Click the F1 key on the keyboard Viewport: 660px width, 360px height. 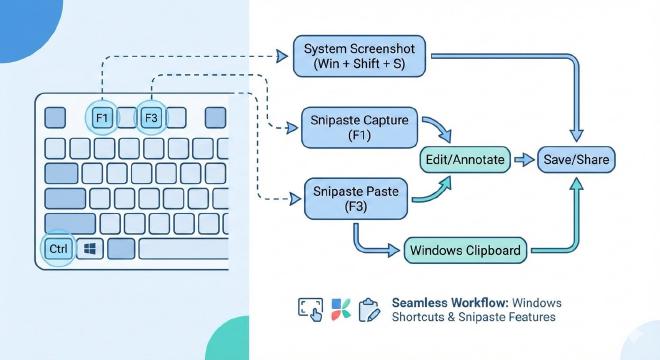pyautogui.click(x=101, y=118)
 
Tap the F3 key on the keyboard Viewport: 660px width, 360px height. pyautogui.click(x=151, y=118)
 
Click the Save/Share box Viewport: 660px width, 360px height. pyautogui.click(x=578, y=159)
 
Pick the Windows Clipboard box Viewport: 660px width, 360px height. pyautogui.click(x=465, y=249)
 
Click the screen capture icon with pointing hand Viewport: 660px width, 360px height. pyautogui.click(x=310, y=309)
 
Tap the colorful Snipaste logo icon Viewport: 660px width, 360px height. pyautogui.click(x=340, y=309)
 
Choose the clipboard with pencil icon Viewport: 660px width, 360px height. pyautogui.click(x=369, y=309)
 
